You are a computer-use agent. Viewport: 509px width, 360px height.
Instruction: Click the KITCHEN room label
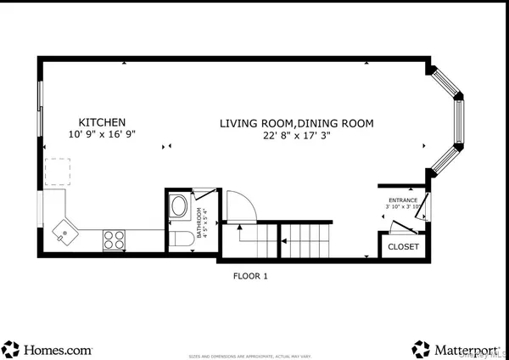click(103, 122)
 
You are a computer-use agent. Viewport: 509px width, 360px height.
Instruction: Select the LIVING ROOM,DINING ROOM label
click(296, 123)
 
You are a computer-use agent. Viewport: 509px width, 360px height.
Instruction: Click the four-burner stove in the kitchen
click(115, 239)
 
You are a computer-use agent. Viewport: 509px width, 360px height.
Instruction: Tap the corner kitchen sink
click(63, 231)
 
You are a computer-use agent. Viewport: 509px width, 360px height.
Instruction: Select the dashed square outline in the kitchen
click(58, 172)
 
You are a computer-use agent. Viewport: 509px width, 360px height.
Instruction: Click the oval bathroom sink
click(180, 207)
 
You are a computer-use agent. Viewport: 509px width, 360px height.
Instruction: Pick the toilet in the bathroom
click(181, 239)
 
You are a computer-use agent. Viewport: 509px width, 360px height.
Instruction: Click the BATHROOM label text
click(201, 223)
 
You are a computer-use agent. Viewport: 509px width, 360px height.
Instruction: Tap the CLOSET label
click(403, 246)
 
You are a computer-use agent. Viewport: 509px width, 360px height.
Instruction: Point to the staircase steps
click(306, 239)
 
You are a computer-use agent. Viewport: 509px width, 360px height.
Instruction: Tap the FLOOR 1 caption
click(250, 276)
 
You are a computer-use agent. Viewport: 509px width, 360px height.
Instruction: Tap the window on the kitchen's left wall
click(40, 108)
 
